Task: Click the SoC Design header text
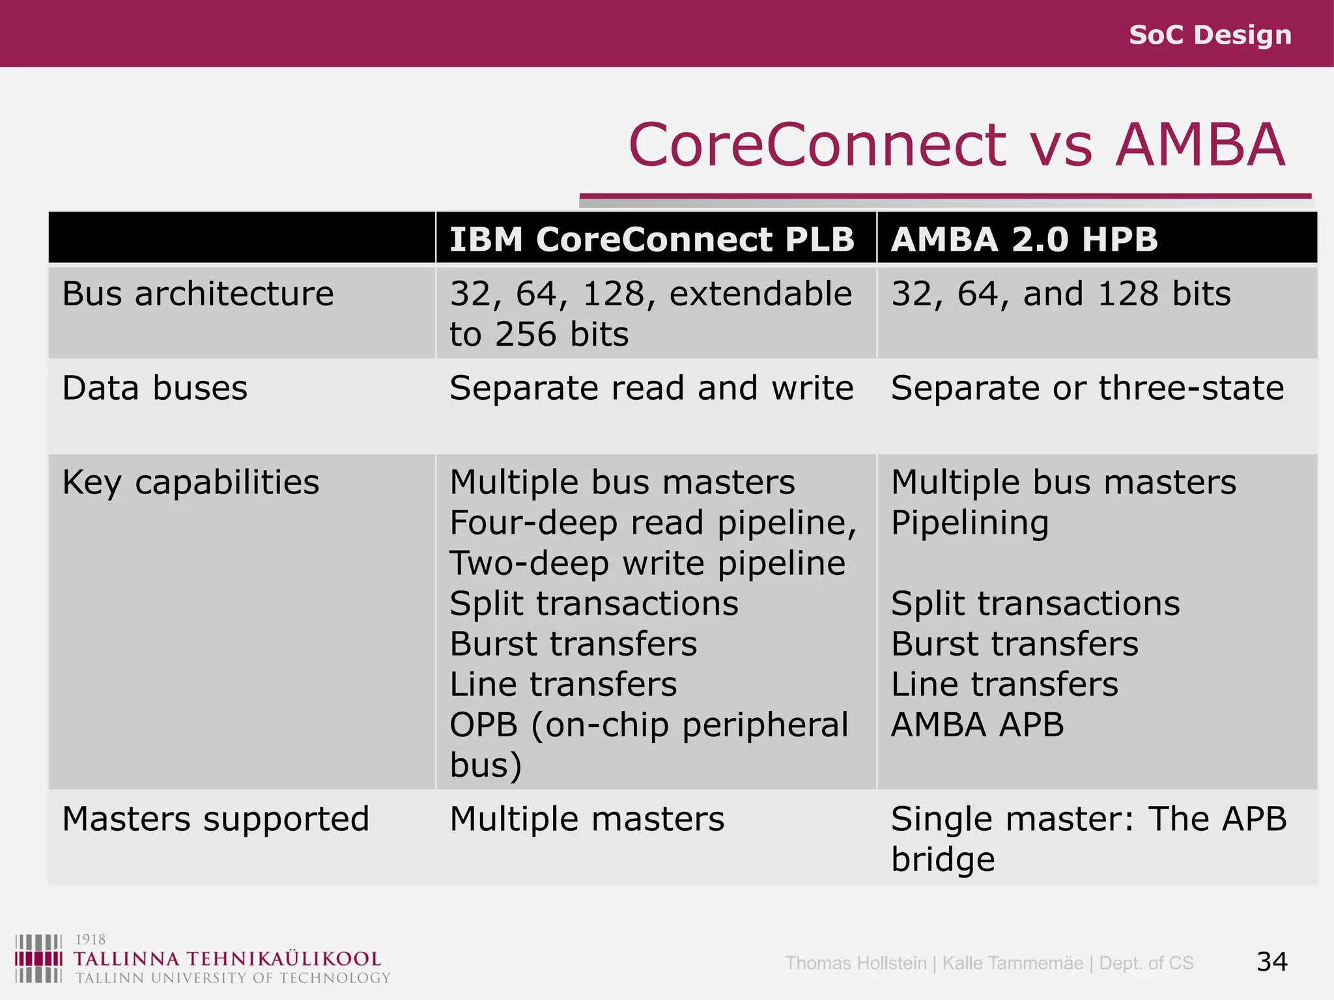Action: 1210,35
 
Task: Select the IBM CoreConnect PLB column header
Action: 651,239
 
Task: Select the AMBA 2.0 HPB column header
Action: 1024,239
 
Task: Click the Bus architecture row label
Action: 198,294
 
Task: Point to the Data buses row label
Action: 155,388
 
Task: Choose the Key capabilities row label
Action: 191,482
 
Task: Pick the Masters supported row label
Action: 216,818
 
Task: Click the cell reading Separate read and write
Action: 651,388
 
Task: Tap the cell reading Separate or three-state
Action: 1087,388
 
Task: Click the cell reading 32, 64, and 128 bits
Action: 1060,294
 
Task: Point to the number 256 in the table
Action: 526,334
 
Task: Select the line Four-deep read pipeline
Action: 653,523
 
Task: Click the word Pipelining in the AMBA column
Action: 969,523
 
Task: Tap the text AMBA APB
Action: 977,725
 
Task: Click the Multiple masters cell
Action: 586,818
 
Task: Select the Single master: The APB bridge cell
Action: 1088,838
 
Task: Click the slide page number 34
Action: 1271,962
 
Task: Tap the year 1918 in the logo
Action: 91,939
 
